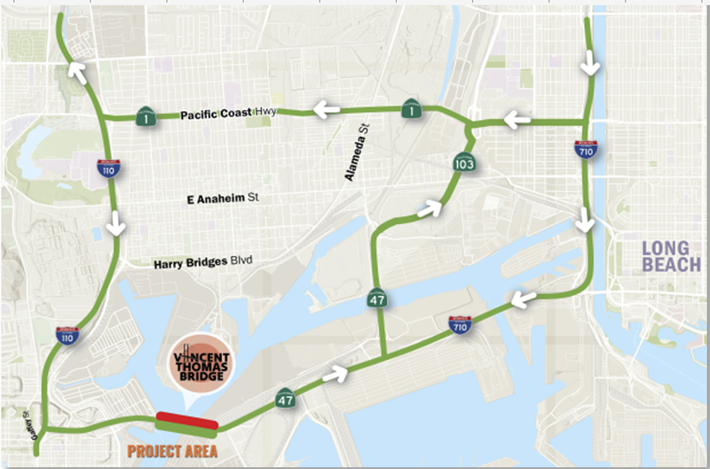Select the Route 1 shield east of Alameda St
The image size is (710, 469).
coord(411,109)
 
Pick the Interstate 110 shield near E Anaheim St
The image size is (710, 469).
coord(106,168)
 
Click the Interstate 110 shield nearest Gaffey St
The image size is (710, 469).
coord(66,334)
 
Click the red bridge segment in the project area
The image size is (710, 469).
coord(184,418)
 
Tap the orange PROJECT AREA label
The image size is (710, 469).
coord(173,450)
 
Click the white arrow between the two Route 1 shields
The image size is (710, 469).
coord(325,110)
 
